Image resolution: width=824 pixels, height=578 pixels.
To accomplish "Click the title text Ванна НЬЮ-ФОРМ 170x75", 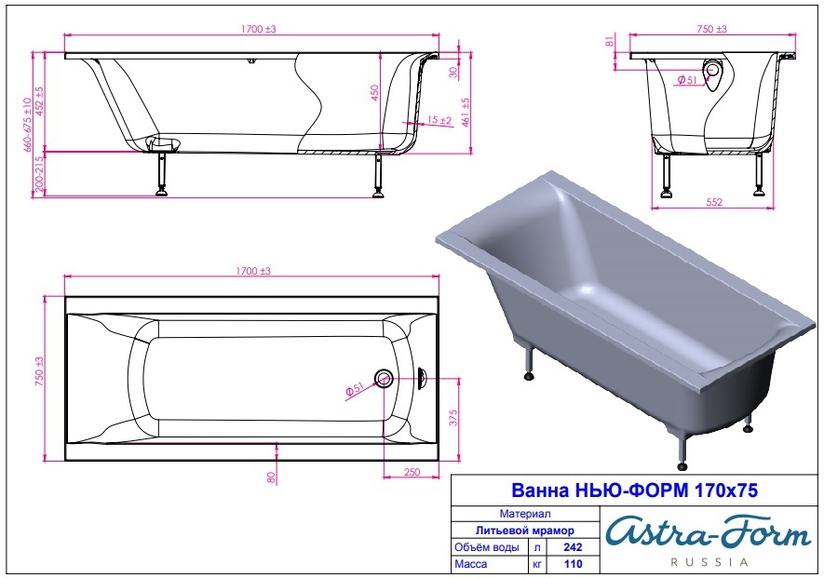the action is [634, 491].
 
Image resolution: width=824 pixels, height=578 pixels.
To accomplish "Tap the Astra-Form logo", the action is [708, 532].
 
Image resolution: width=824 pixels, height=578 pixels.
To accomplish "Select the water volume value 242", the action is [573, 547].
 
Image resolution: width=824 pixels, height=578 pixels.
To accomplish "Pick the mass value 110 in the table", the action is [573, 564].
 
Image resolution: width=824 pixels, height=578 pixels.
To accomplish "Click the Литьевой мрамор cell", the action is [524, 531].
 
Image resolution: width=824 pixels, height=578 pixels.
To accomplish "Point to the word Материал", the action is [524, 514].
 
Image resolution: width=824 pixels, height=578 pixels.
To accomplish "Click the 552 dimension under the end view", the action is [713, 202].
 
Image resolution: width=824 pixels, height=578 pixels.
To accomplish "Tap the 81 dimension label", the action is [610, 41].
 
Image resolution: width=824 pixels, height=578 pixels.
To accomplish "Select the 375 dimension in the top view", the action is [453, 418].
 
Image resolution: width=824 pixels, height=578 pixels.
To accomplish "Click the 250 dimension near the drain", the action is [412, 472].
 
